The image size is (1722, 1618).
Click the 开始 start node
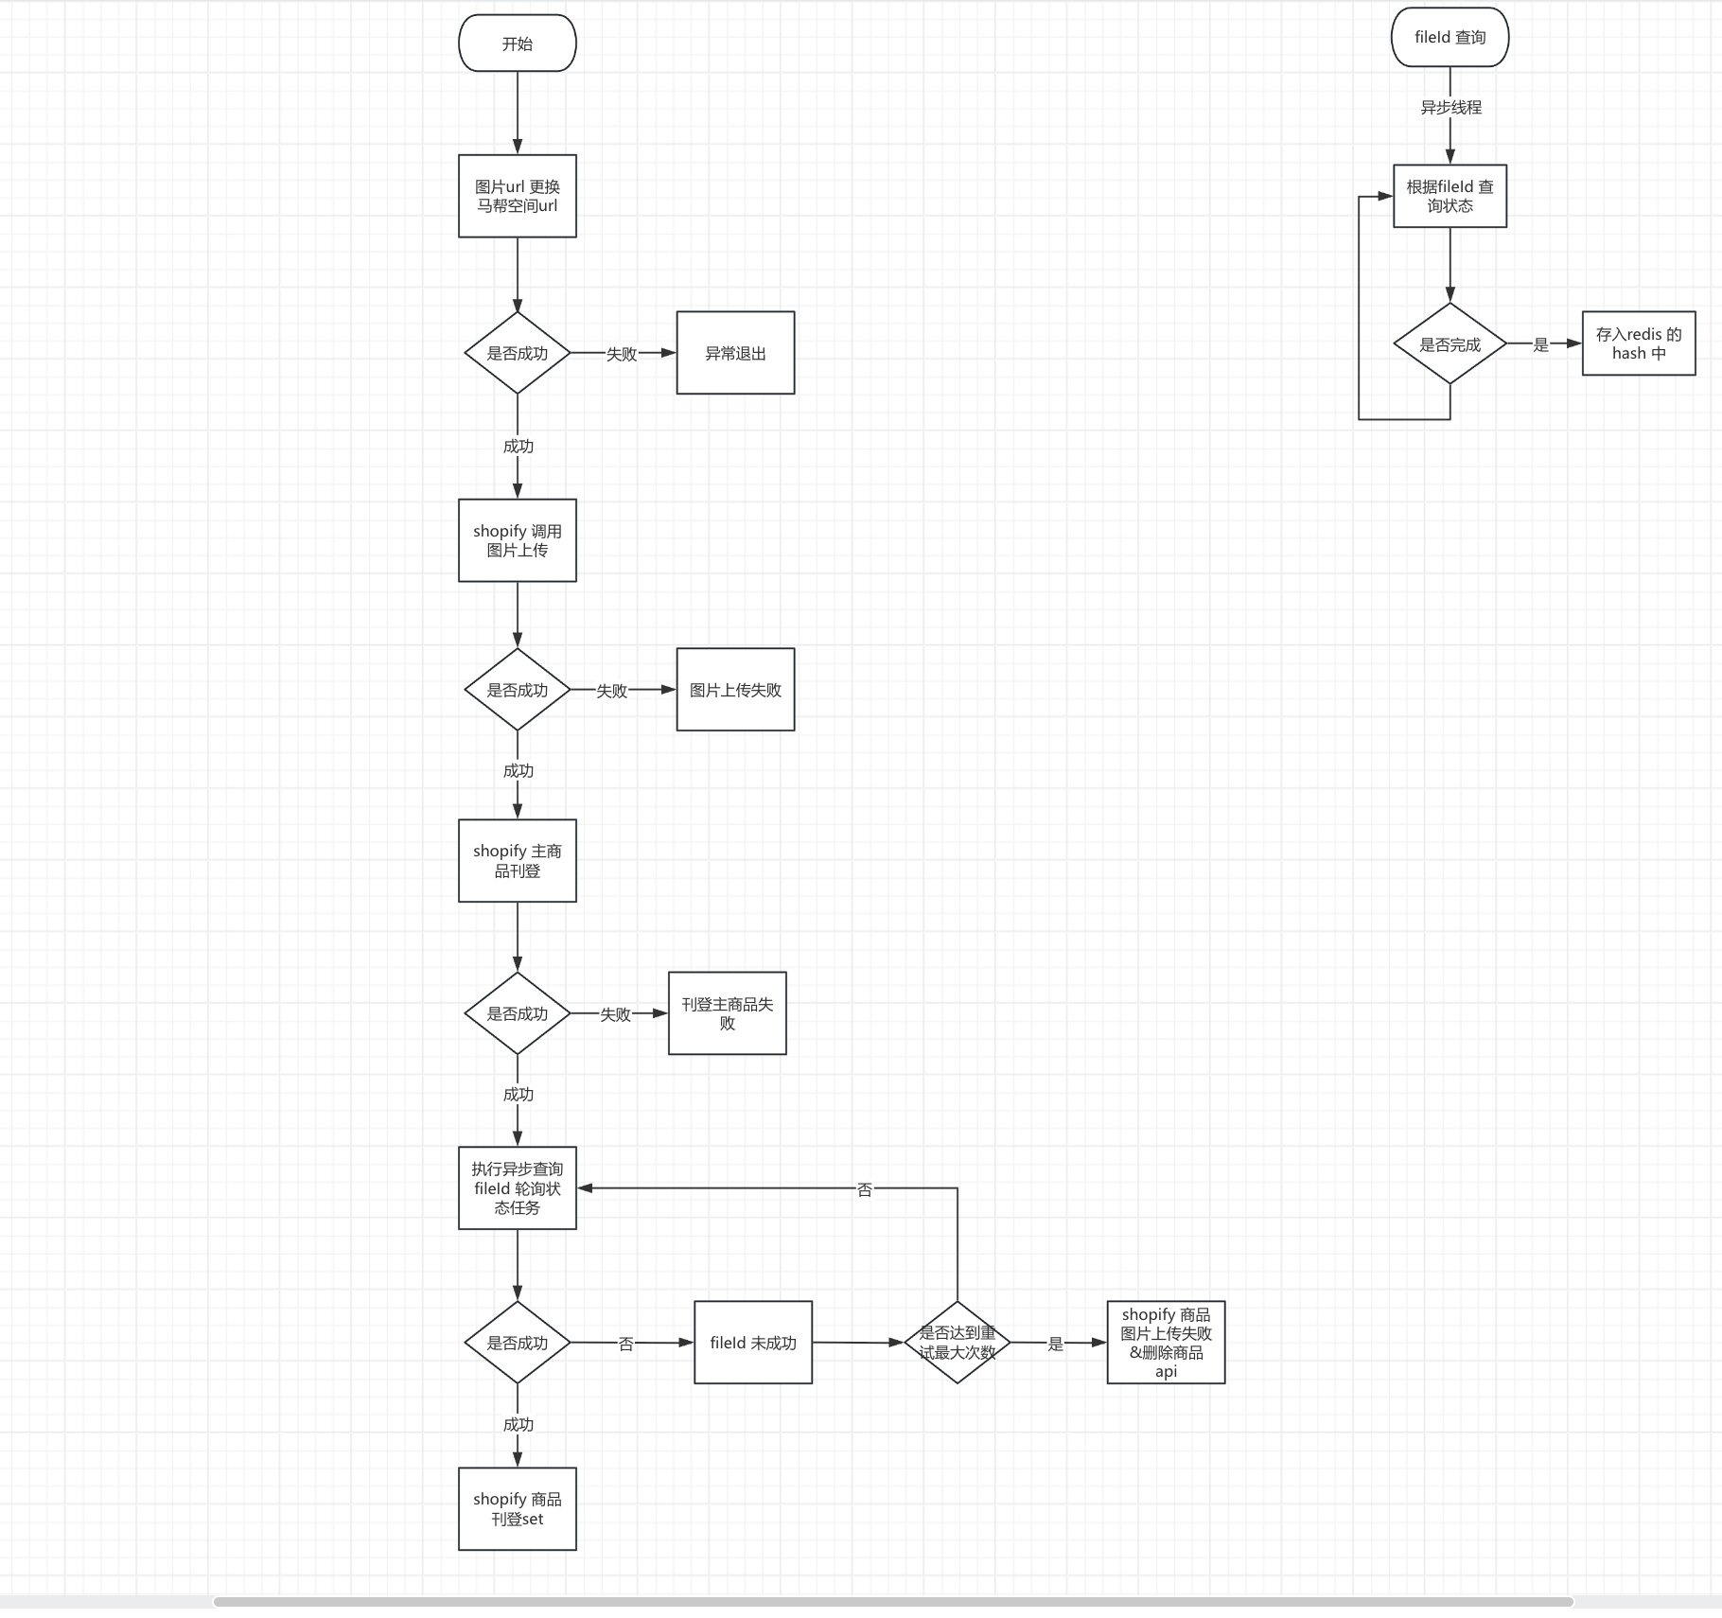point(518,44)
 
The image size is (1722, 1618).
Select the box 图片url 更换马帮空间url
point(518,196)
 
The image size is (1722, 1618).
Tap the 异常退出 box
point(735,353)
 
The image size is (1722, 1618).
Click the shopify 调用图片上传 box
point(518,540)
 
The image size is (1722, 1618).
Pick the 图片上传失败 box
point(735,690)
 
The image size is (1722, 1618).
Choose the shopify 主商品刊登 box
point(518,861)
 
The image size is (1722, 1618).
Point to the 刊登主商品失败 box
point(727,1013)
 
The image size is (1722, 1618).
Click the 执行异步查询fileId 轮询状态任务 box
point(518,1188)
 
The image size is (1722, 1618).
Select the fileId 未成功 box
point(753,1343)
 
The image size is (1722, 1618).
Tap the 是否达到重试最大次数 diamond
point(958,1343)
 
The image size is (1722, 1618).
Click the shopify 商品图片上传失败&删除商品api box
point(1166,1343)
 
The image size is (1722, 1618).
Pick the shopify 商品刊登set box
point(518,1509)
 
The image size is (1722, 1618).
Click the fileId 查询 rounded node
point(1450,38)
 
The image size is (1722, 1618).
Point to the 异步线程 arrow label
point(1450,108)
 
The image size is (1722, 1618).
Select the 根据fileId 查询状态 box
point(1450,196)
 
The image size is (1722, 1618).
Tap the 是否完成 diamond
point(1450,344)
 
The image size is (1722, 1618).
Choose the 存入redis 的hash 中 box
point(1639,343)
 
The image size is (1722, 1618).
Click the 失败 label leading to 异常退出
point(622,354)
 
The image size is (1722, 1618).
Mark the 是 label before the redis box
point(1541,345)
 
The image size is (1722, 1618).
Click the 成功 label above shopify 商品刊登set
point(518,1425)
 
